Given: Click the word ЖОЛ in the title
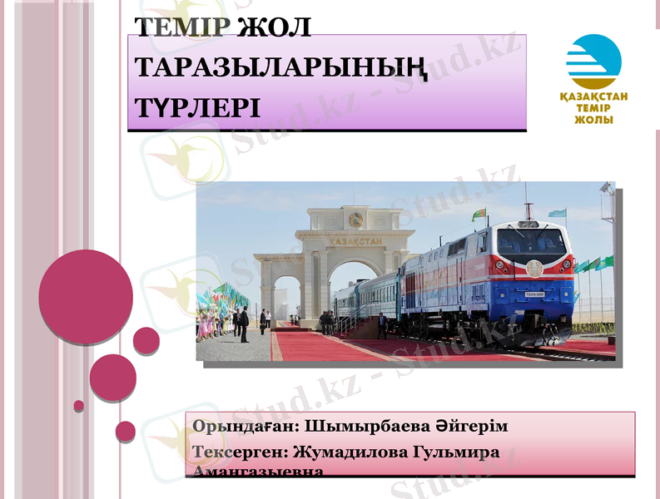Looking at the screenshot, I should coord(274,29).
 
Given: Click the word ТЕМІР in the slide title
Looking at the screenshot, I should coord(183,29).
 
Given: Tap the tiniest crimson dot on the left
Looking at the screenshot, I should coord(79,406).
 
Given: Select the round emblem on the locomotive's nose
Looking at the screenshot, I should coord(533,269).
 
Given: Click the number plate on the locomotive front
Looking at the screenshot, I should coord(534,294).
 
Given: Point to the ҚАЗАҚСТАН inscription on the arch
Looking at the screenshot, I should coord(355,241).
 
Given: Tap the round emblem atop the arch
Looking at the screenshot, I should coord(355,220).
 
